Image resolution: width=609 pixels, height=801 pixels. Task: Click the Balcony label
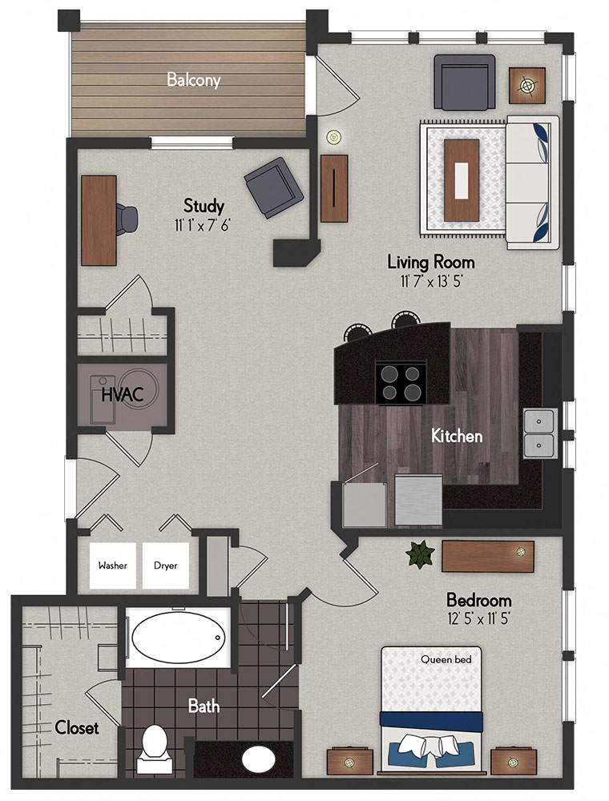click(193, 80)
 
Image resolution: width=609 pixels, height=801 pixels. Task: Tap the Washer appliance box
click(113, 566)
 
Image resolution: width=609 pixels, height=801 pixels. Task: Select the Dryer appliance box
click(165, 566)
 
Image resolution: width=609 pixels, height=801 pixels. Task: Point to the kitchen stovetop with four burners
click(401, 382)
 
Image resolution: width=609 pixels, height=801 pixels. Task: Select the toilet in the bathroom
click(151, 745)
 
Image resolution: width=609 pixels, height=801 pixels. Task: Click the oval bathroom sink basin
click(257, 758)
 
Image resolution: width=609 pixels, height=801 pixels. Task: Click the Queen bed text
click(446, 660)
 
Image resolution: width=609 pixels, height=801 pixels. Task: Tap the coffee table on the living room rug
click(462, 179)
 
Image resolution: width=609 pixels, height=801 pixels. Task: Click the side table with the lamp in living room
click(527, 84)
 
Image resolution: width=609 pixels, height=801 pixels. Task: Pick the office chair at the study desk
click(127, 217)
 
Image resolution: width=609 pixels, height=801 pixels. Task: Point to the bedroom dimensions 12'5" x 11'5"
click(478, 619)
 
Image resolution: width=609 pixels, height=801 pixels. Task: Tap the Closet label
click(77, 728)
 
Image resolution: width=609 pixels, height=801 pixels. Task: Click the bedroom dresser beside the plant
click(487, 554)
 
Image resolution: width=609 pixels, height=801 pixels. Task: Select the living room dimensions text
click(431, 281)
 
